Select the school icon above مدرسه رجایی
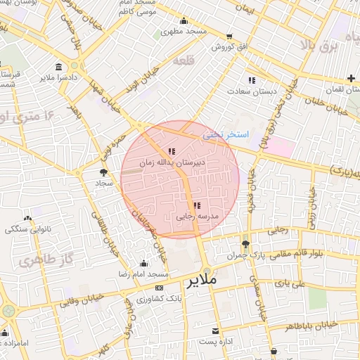pos(196,205)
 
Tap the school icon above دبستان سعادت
pos(252,80)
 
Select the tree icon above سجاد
pos(104,172)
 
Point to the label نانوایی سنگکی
pos(26,229)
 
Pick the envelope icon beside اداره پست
pos(215,330)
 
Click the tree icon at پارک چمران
pos(245,243)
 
